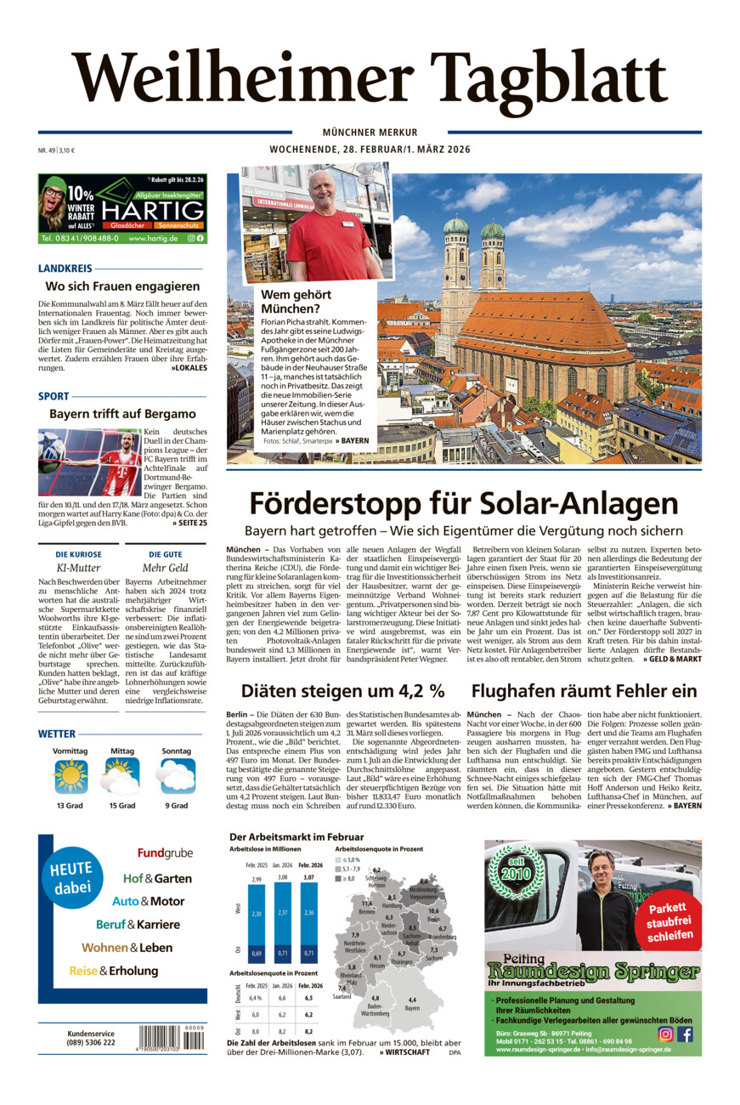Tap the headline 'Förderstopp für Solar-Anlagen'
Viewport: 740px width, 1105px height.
(463, 503)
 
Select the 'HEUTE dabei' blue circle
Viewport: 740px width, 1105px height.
(71, 878)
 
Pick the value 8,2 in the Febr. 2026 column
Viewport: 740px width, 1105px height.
(308, 1030)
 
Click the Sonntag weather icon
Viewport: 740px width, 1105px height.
(177, 776)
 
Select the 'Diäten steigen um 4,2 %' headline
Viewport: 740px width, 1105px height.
(342, 691)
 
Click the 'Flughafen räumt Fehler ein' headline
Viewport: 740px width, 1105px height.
(585, 691)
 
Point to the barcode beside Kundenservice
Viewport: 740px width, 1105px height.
(171, 1038)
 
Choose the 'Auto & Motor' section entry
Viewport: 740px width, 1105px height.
(148, 901)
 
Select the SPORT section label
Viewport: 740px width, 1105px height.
(54, 396)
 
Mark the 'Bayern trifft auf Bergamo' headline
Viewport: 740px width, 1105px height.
(122, 414)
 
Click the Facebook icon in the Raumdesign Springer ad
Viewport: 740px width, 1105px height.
(685, 1034)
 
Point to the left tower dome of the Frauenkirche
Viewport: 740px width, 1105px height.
(456, 225)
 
